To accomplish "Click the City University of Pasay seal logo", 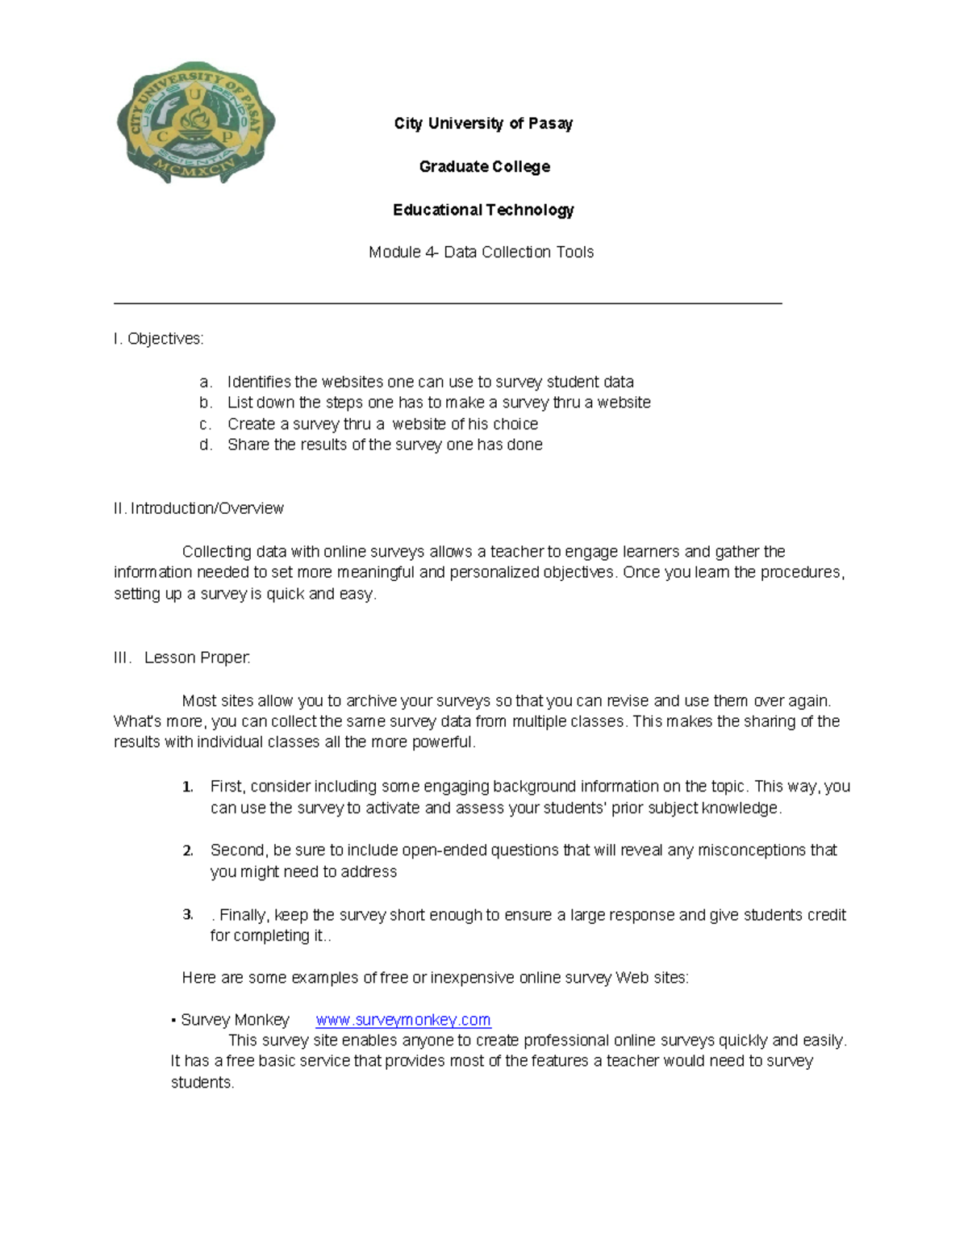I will coord(196,123).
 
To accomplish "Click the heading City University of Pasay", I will coord(483,123).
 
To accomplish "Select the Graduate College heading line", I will coord(484,167).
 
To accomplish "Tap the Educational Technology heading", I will coord(483,210).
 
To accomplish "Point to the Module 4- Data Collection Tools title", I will coord(481,253).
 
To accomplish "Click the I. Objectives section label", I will coord(159,339).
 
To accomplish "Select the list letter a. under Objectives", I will coord(206,382).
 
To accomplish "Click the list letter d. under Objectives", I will coord(206,445).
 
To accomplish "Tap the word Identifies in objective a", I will coord(259,382).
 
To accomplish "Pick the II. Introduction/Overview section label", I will coord(198,508).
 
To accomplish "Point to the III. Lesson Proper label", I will coord(182,658).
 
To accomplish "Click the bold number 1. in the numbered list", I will coord(187,787).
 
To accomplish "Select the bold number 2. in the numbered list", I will coord(187,850).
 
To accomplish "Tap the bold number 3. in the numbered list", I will coord(187,915).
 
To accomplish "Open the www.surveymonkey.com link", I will coord(403,1020).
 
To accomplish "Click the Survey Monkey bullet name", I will coord(234,1020).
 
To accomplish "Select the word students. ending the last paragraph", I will coord(202,1083).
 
